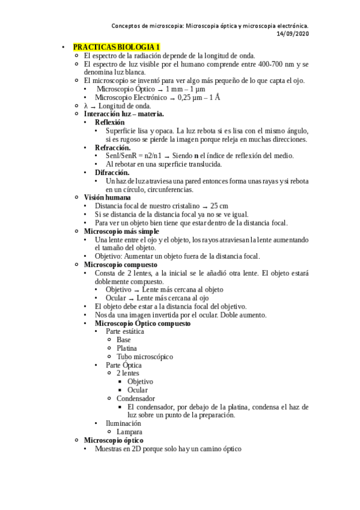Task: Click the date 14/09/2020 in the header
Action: (293, 34)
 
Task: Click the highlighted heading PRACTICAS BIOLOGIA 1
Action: (116, 46)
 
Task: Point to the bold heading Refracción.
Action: (112, 147)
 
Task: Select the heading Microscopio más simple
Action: (121, 231)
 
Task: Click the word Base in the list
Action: (123, 340)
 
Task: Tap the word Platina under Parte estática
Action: (127, 348)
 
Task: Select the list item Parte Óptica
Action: (124, 365)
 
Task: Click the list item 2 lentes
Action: (127, 373)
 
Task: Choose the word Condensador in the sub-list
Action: (136, 398)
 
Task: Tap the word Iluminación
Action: (124, 423)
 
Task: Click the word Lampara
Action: (130, 432)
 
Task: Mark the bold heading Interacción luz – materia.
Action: (124, 114)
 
